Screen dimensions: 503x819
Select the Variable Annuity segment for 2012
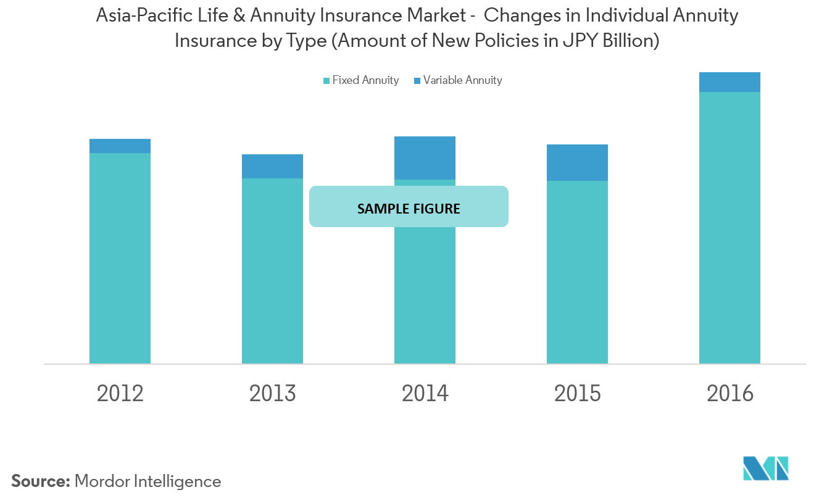tap(120, 146)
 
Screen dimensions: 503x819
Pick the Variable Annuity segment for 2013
tap(272, 166)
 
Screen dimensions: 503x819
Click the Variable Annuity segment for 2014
tap(425, 158)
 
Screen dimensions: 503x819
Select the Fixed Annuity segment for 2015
tap(577, 272)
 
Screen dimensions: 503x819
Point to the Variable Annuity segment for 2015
tap(577, 162)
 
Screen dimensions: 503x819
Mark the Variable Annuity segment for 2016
tap(730, 82)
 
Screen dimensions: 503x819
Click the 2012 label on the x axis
tap(120, 394)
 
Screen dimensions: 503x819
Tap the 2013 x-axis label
tap(272, 394)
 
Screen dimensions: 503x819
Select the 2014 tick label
tap(425, 394)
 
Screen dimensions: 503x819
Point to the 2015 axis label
tap(577, 394)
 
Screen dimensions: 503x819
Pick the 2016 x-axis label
tap(730, 394)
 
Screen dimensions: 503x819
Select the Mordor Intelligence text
tap(148, 481)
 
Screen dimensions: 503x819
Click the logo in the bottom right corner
tap(765, 468)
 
